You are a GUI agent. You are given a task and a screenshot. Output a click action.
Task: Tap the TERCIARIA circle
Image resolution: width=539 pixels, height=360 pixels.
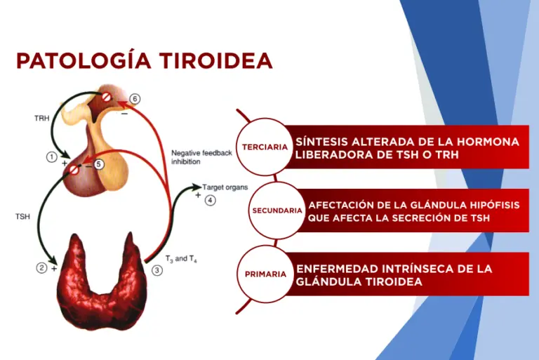pos(265,147)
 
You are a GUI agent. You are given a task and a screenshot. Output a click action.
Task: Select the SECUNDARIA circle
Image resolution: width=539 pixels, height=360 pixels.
pos(277,211)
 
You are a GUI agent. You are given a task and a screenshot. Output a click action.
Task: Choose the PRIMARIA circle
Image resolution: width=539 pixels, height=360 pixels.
pos(265,274)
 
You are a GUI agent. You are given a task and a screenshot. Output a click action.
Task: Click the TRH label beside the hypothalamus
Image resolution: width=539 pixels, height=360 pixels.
pos(41,119)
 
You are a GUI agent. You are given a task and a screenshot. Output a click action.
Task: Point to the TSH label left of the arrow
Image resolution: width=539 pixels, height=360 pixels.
pos(22,218)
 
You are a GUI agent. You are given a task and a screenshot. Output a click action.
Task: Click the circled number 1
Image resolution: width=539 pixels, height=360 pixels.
pos(51,157)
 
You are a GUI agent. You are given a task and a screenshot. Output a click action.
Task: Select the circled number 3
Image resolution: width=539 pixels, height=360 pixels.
pos(157,270)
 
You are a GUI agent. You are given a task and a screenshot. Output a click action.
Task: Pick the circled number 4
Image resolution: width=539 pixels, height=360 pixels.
pos(211,201)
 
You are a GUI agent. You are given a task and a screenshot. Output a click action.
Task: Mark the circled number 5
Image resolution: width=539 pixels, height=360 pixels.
pos(99,164)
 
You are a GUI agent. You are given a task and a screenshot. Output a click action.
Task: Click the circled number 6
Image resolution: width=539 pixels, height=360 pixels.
pos(135,99)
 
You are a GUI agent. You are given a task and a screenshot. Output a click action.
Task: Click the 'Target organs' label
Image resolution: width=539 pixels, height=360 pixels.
pos(223,187)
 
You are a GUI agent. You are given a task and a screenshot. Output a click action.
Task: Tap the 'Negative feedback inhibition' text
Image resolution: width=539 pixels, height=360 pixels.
pos(201,156)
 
